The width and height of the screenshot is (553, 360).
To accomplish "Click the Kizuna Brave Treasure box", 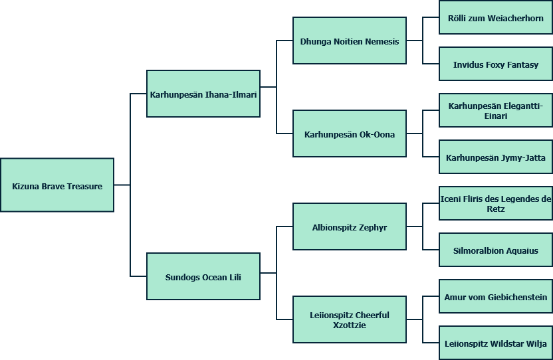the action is tap(57, 185).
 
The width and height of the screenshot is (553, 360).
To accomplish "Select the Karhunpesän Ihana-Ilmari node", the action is tap(203, 94).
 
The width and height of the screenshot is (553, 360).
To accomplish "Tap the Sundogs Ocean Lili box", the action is tap(203, 276).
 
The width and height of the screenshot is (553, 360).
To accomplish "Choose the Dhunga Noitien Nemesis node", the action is tap(350, 41).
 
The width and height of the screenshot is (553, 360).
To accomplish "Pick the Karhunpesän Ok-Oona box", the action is tap(350, 134).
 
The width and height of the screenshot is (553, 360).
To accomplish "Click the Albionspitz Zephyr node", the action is tap(350, 227).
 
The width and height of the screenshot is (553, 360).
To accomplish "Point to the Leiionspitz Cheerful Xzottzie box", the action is tap(350, 319).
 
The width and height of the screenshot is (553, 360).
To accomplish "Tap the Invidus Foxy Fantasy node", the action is tap(496, 64).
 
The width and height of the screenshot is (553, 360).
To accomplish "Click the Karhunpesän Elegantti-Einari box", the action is tap(496, 110).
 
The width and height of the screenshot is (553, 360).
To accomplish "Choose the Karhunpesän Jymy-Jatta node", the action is tap(496, 157).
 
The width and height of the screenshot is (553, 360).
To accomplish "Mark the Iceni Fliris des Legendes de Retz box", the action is tap(496, 203).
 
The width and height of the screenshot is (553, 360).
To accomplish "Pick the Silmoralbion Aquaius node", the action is tap(496, 250).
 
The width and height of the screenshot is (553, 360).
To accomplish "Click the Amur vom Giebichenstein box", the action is tap(496, 297).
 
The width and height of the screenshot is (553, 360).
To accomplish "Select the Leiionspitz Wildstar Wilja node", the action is tap(496, 343).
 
